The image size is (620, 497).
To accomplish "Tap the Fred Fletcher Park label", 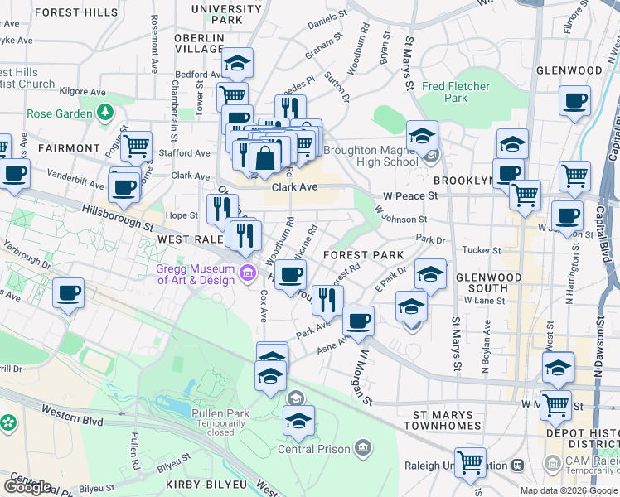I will [455, 92].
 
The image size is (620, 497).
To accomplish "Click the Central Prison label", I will [312, 449].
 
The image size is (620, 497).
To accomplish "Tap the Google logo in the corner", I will [27, 487].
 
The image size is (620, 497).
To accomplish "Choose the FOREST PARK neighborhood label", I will [363, 255].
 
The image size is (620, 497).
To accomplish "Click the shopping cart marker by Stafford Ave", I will [136, 146].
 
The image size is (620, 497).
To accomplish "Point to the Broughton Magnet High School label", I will [371, 156].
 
